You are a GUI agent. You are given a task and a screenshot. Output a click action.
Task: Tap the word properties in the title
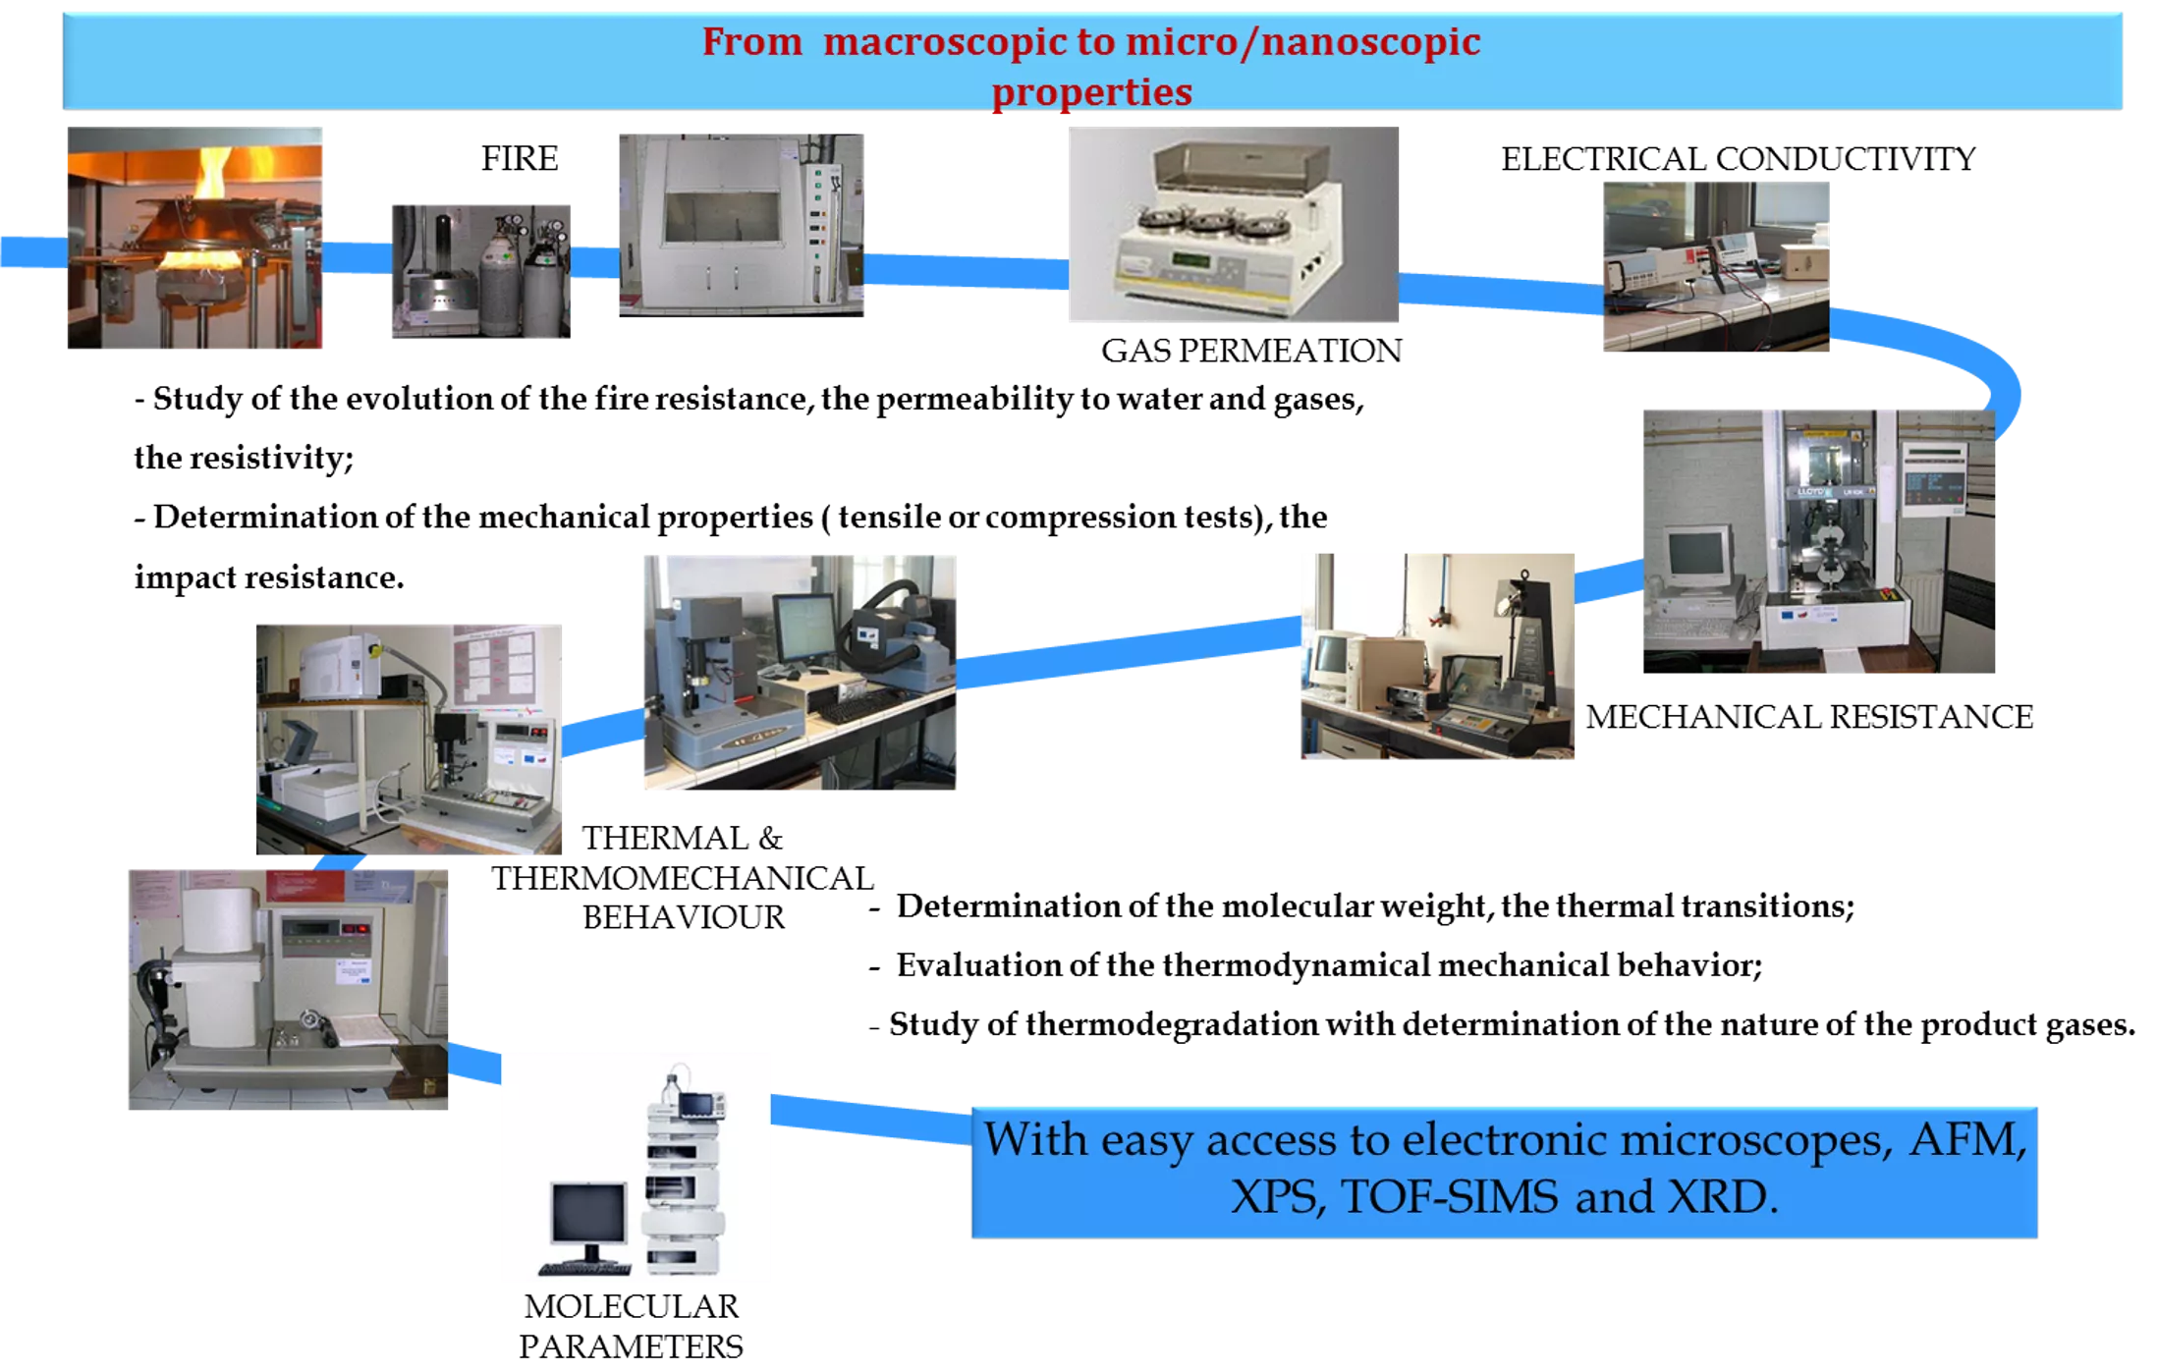1091,92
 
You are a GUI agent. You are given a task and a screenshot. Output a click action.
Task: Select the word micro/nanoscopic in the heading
1302,42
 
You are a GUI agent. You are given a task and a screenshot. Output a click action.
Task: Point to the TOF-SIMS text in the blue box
1449,1197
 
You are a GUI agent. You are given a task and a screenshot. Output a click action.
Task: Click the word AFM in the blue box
1966,1139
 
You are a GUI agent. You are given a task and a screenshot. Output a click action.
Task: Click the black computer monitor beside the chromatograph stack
588,1214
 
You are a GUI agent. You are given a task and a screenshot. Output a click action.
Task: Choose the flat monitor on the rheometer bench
804,627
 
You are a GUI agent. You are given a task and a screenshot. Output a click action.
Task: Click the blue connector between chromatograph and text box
870,1118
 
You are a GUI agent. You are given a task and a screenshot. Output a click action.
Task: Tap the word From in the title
751,42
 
